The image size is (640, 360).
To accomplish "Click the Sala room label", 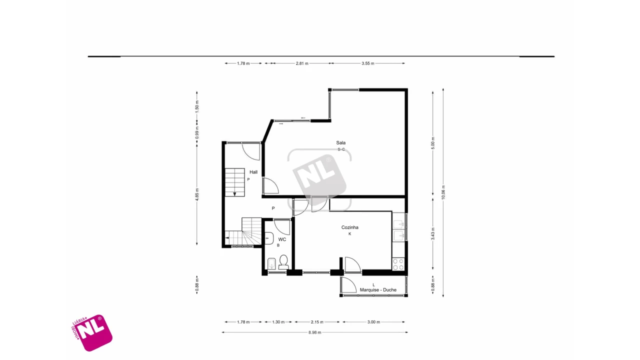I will [340, 142].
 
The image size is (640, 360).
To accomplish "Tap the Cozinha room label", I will [349, 227].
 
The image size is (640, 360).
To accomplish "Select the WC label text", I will [282, 239].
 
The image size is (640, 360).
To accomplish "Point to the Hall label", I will [253, 172].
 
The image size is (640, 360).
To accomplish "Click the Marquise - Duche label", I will [378, 289].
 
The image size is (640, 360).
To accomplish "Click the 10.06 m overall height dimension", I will [443, 192].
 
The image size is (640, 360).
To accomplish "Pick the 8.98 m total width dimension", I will [315, 332].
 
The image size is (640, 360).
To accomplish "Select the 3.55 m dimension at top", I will [367, 63].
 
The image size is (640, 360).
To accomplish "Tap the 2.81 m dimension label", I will [302, 63].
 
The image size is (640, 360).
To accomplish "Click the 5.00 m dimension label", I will [433, 142].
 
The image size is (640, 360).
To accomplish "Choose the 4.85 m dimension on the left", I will [197, 193].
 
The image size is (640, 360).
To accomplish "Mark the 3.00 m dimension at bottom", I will [373, 322].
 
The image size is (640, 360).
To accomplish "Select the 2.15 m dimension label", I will [317, 322].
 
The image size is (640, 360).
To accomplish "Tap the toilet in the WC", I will [283, 261].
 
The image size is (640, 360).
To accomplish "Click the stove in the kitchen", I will [398, 264].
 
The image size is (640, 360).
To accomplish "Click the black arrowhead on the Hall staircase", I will [234, 194].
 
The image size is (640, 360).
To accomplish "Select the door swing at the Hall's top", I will [250, 151].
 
